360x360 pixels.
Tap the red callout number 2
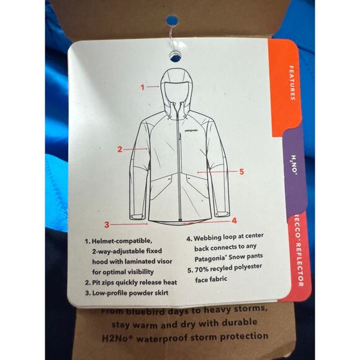pyautogui.click(x=120, y=149)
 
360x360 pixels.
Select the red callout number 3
pyautogui.click(x=107, y=225)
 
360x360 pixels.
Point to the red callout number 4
pyautogui.click(x=234, y=220)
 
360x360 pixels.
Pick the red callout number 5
pyautogui.click(x=241, y=172)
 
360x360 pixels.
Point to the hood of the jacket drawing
pyautogui.click(x=179, y=87)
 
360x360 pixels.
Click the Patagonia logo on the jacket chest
pyautogui.click(x=198, y=131)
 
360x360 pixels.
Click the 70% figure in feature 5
pyautogui.click(x=204, y=269)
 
